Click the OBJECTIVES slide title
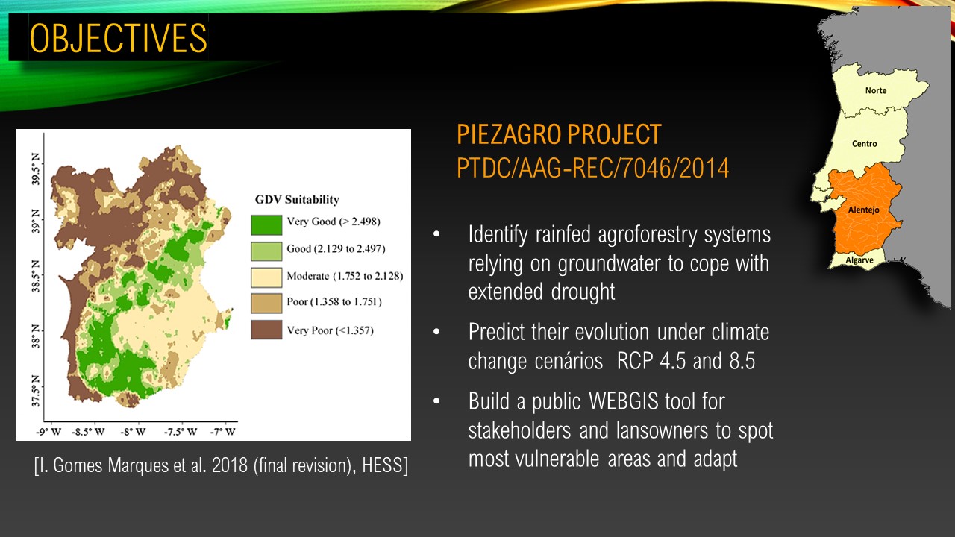coord(118,38)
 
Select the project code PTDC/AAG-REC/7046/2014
coord(592,168)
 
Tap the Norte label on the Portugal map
coord(876,90)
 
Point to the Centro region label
coord(864,144)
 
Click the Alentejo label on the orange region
coord(863,210)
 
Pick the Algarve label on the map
coord(859,260)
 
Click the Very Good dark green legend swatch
coord(266,225)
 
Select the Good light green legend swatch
coord(266,251)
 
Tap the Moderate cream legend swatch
coord(266,277)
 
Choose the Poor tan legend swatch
coord(266,303)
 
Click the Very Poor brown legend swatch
coord(266,330)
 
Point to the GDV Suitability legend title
coord(297,199)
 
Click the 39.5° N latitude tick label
coord(35,169)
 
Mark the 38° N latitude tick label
coord(35,336)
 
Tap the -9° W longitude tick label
coord(48,432)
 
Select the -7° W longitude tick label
coord(223,432)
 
